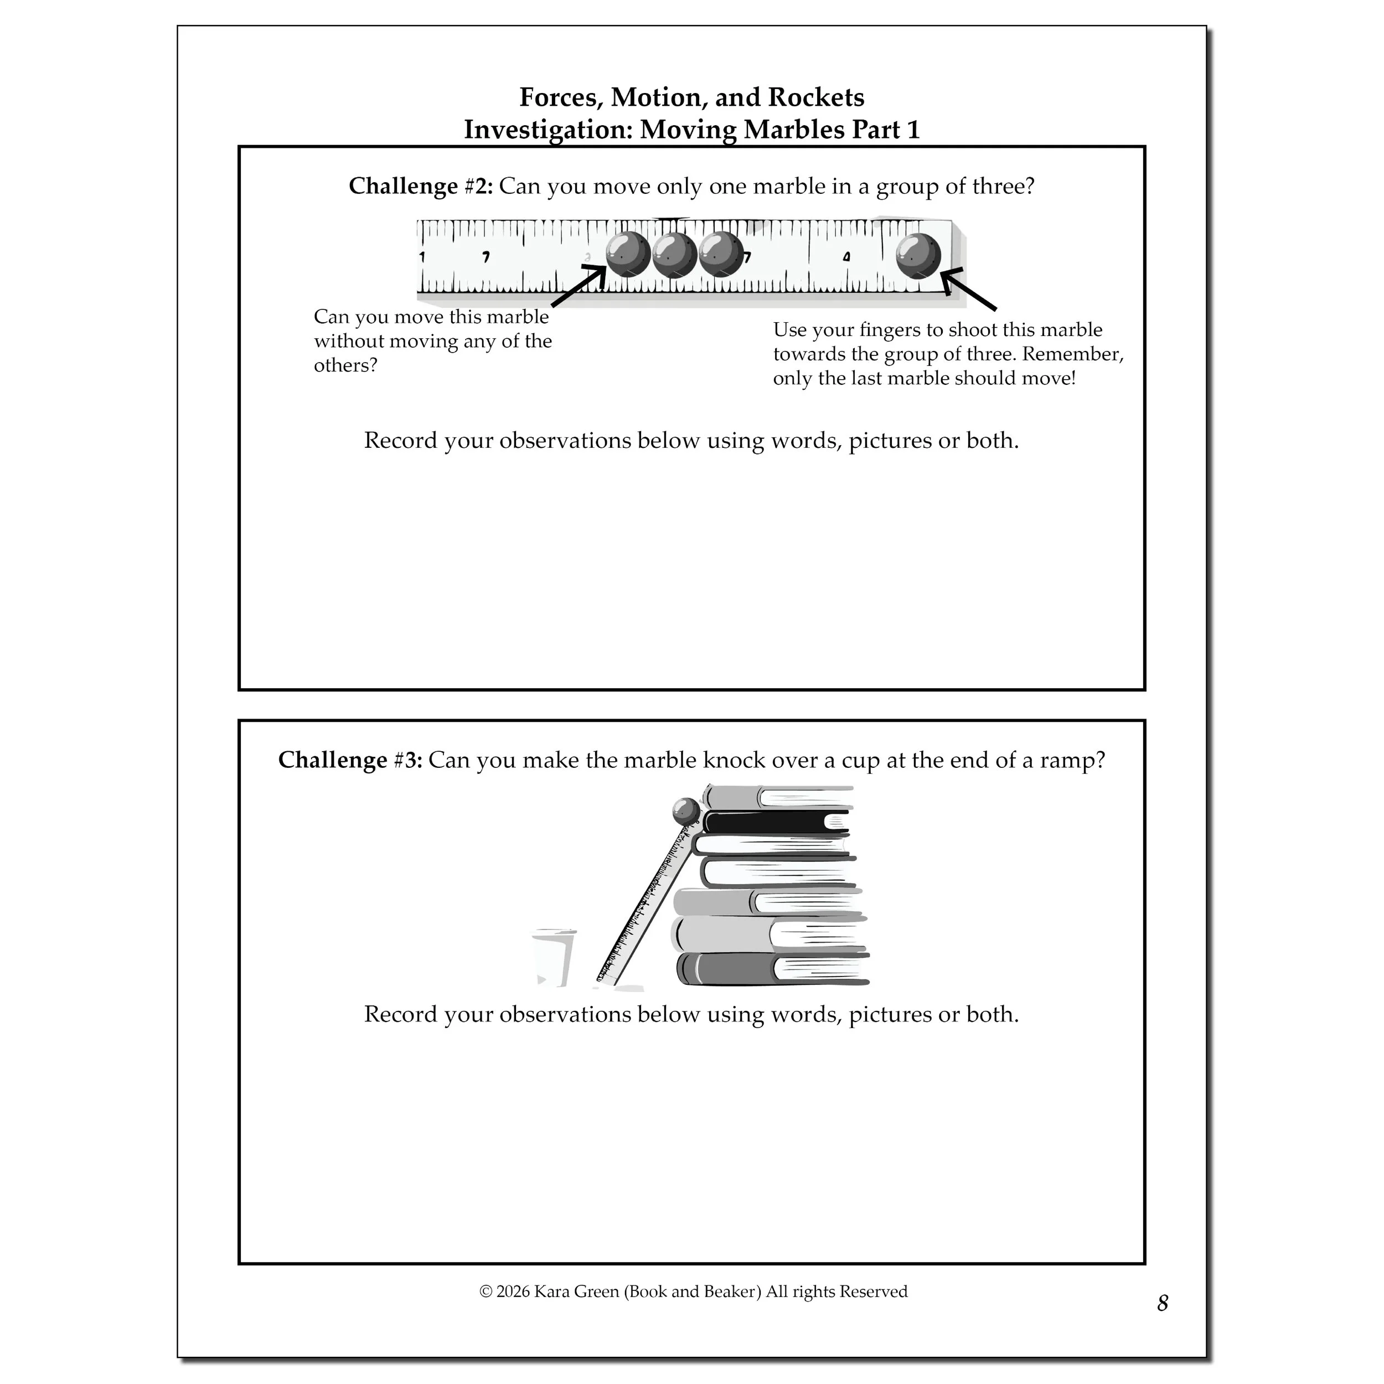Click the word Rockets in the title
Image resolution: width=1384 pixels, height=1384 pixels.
(x=819, y=97)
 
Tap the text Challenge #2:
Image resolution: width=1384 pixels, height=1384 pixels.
(x=421, y=186)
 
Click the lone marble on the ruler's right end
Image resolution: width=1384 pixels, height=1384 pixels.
(x=918, y=255)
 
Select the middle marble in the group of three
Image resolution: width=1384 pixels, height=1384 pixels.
(x=674, y=255)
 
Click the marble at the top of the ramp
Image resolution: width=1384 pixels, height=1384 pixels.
(x=685, y=812)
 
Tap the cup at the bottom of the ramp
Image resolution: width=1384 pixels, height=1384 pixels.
(x=552, y=958)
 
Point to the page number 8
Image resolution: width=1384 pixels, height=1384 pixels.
(x=1162, y=1323)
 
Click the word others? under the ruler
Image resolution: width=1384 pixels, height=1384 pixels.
(x=345, y=365)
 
